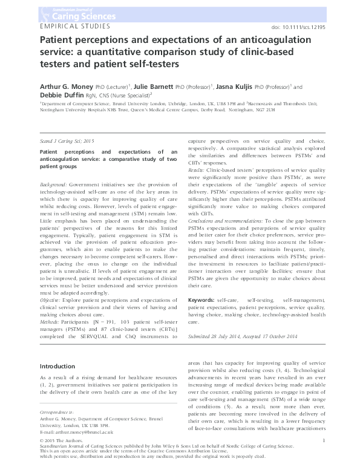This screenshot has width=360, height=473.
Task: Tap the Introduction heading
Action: (57, 367)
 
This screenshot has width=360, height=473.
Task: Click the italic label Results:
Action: (198, 172)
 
